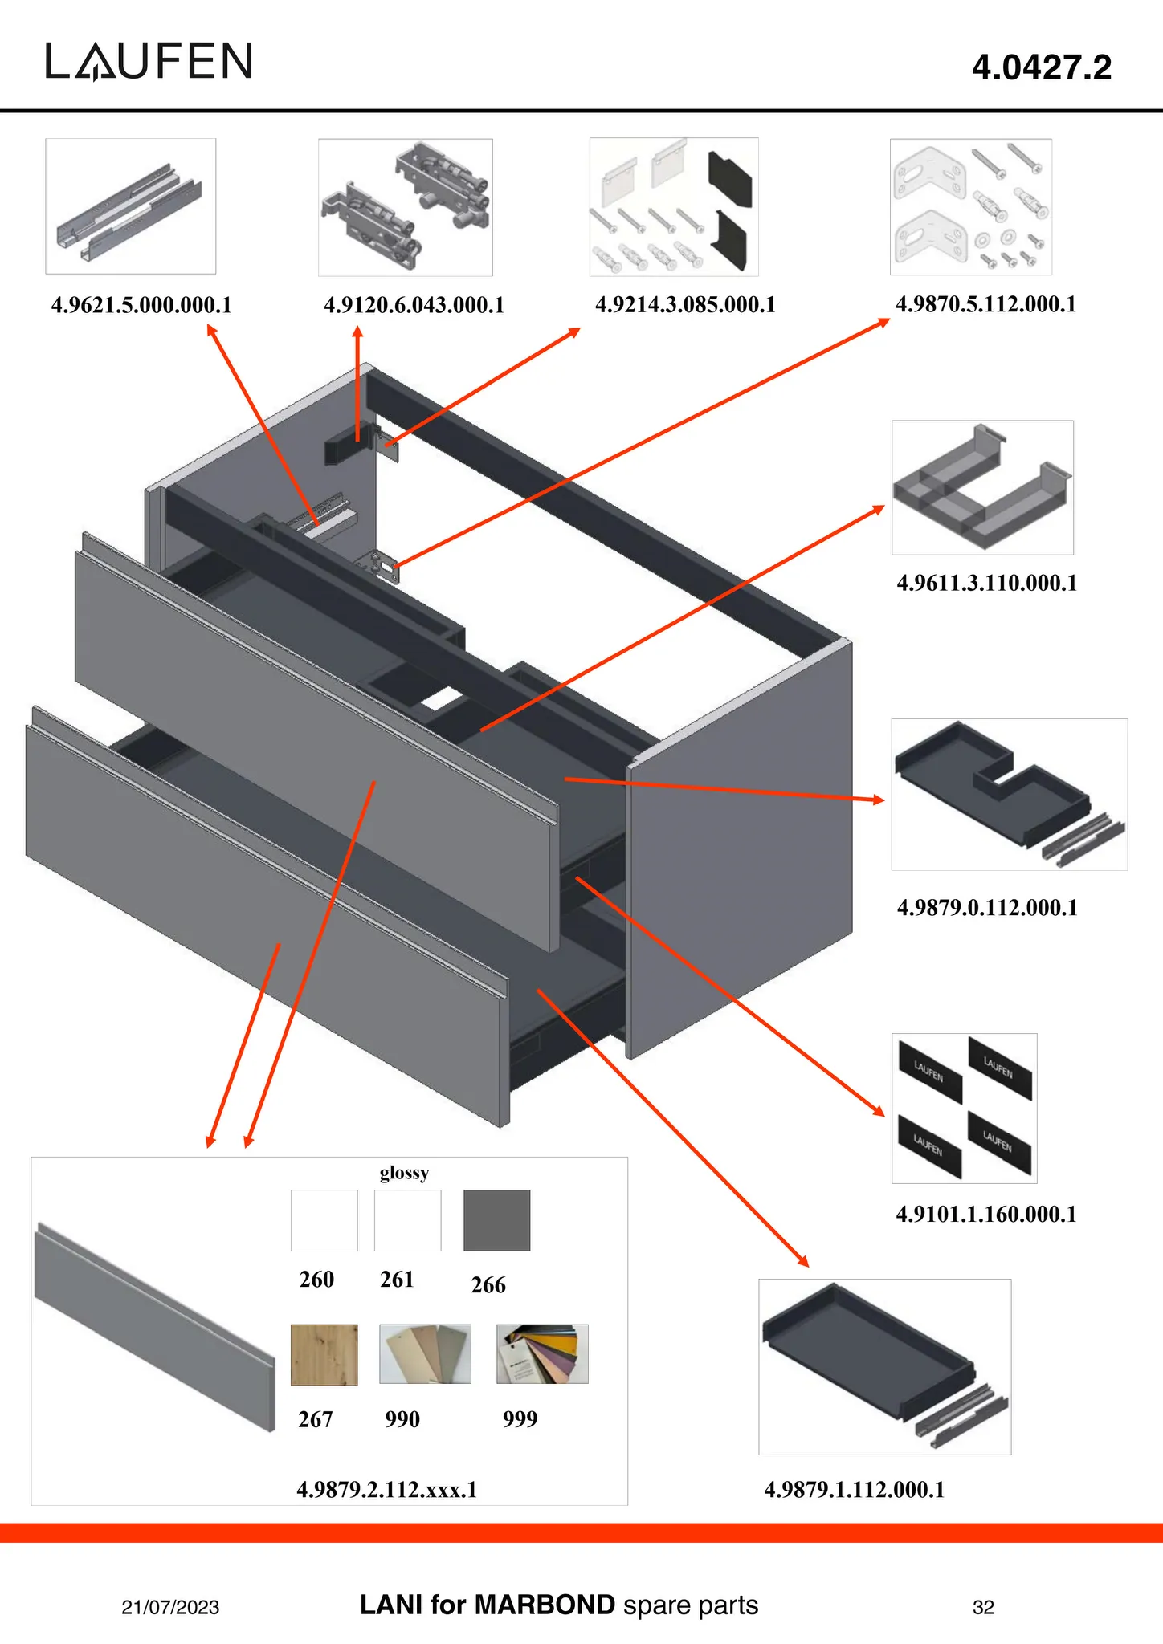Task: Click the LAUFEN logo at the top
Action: click(149, 62)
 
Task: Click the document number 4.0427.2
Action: click(1042, 67)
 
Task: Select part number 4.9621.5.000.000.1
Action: click(141, 306)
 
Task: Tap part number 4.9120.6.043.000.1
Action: click(414, 306)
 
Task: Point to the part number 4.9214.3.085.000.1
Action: click(685, 305)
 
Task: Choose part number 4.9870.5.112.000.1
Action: click(985, 305)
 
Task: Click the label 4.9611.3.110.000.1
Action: click(986, 584)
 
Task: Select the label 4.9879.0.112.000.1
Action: click(987, 909)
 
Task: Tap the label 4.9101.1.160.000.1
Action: click(986, 1215)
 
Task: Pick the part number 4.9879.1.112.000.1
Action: click(855, 1491)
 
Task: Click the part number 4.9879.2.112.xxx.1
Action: click(387, 1491)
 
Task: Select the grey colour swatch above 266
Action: click(496, 1220)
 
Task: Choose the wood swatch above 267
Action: click(324, 1355)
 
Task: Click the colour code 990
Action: click(402, 1420)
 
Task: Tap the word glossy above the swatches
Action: click(404, 1174)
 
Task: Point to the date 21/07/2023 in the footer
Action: click(170, 1607)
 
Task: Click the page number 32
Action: click(983, 1607)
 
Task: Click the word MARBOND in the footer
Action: click(545, 1605)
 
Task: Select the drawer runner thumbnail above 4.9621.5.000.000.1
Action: click(130, 206)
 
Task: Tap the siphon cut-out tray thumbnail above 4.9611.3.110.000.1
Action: click(982, 487)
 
